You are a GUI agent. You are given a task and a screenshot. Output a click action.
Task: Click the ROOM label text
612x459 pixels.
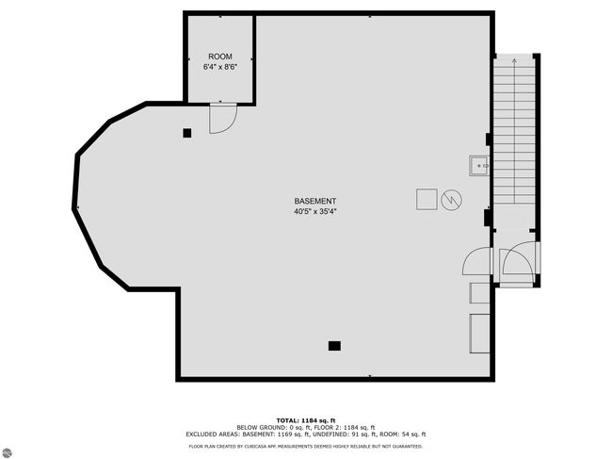click(220, 57)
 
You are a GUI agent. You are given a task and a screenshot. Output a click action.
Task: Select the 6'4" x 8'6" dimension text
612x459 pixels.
click(220, 67)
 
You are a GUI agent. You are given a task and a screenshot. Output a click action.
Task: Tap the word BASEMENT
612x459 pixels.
click(315, 201)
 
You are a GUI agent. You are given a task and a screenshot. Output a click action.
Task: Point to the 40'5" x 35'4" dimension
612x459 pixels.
click(315, 212)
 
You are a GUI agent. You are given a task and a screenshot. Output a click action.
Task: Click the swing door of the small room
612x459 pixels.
click(223, 119)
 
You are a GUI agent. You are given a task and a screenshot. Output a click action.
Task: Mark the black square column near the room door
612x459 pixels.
click(187, 133)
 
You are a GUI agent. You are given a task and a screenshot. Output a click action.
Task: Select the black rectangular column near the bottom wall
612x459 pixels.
click(334, 346)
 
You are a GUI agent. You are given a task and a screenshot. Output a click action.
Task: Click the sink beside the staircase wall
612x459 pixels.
click(479, 166)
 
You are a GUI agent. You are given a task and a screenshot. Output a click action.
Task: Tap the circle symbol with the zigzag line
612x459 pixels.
click(452, 200)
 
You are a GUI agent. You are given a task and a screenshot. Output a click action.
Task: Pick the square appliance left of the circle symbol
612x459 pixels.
click(427, 199)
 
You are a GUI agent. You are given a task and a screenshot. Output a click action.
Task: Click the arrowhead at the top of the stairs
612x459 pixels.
click(514, 61)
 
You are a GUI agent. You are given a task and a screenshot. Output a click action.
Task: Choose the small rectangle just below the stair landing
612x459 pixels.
click(479, 293)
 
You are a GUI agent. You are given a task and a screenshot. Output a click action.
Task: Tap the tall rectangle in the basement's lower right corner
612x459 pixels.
click(479, 334)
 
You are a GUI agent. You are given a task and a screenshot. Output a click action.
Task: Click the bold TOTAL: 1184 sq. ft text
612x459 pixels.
click(306, 420)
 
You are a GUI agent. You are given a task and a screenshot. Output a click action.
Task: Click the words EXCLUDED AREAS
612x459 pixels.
click(213, 434)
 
